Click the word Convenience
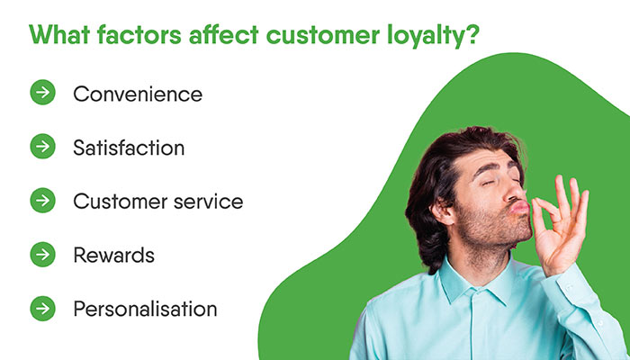pyautogui.click(x=138, y=94)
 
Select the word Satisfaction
pyautogui.click(x=129, y=148)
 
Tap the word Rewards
pyautogui.click(x=113, y=255)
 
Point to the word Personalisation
pyautogui.click(x=145, y=310)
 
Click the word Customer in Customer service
pyautogui.click(x=113, y=202)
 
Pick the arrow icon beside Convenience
pyautogui.click(x=42, y=93)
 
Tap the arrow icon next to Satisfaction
pyautogui.click(x=42, y=147)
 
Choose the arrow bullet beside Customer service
pyautogui.click(x=42, y=201)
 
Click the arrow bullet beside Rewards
pyautogui.click(x=42, y=255)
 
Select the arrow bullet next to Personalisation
pyautogui.click(x=42, y=309)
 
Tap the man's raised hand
pyautogui.click(x=562, y=225)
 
